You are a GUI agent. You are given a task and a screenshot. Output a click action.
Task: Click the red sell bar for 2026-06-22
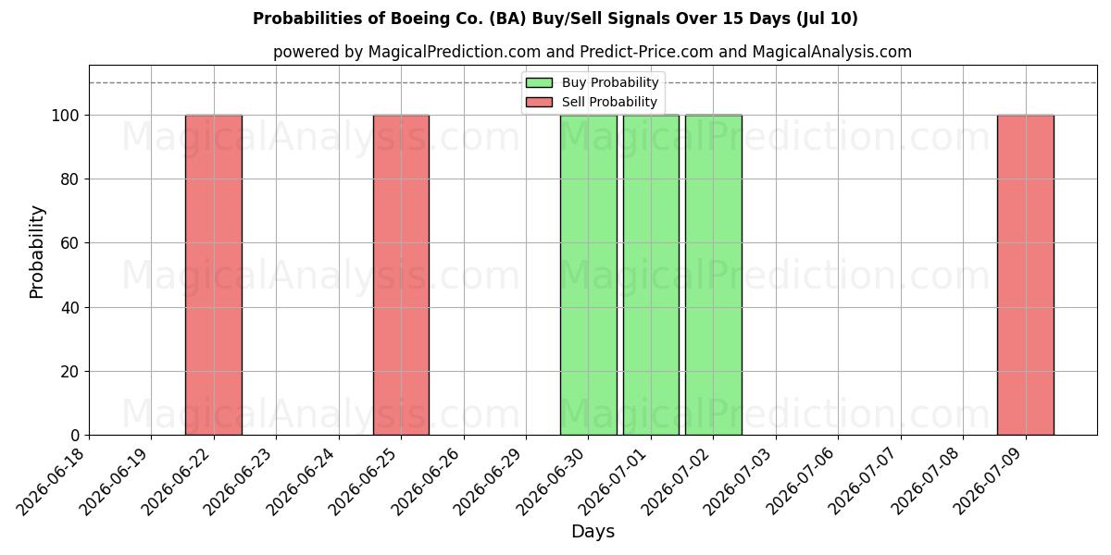[214, 275]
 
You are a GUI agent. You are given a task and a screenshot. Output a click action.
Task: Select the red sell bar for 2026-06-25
[401, 275]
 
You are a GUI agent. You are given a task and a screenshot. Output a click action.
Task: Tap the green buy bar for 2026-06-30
[589, 275]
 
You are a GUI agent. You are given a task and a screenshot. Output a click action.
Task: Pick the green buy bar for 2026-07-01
[651, 275]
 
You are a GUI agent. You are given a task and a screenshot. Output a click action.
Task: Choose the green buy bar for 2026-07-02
[714, 275]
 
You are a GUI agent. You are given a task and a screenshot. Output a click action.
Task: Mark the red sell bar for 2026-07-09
[1026, 275]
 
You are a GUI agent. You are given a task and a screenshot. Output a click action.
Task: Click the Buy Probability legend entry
[593, 82]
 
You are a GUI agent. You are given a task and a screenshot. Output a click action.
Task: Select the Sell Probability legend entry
[592, 102]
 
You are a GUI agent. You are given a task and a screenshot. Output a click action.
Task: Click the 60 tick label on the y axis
[70, 243]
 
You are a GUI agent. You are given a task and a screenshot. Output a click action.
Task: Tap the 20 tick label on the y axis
[70, 372]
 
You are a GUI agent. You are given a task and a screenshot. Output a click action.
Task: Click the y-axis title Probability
[36, 252]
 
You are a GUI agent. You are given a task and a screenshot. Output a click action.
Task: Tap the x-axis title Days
[593, 532]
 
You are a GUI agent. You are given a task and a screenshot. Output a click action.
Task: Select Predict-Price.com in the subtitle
[646, 52]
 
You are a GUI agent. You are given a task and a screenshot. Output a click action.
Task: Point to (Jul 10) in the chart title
[827, 18]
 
